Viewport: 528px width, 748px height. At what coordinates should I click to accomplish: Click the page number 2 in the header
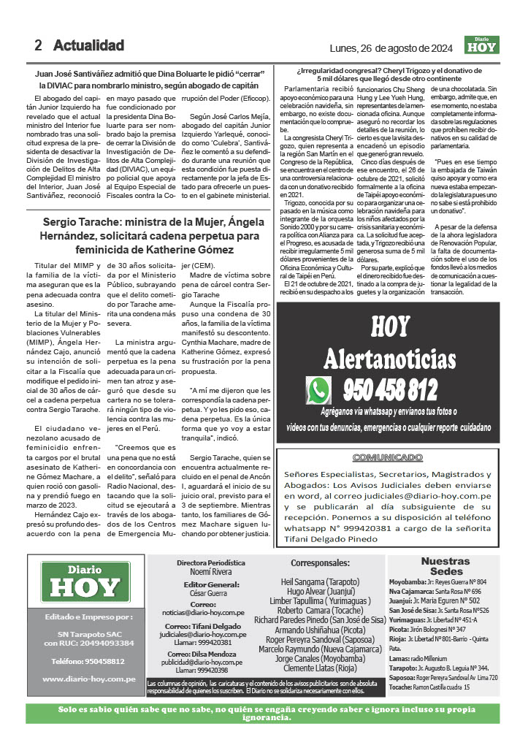click(x=38, y=45)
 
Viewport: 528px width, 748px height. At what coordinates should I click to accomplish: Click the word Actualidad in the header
click(x=88, y=45)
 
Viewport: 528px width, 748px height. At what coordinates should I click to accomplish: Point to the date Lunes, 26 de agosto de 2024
click(x=391, y=48)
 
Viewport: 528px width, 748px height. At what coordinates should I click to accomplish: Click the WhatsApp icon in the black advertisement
click(x=319, y=391)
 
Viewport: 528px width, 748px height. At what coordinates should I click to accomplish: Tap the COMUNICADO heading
click(x=388, y=457)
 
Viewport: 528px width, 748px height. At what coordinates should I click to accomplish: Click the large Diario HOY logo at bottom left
click(x=85, y=581)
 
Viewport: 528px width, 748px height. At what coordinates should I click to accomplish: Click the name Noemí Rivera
click(x=210, y=572)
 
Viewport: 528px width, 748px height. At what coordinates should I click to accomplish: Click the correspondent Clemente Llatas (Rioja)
click(x=320, y=667)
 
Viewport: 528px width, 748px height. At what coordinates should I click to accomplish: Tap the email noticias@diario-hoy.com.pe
click(x=210, y=614)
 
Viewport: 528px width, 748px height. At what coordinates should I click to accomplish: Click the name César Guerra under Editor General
click(x=210, y=593)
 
